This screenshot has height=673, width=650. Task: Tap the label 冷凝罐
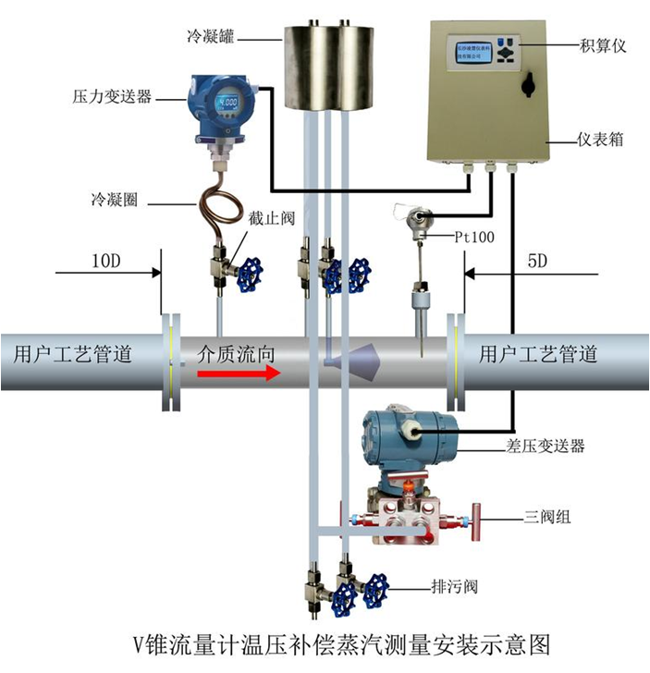coord(211,36)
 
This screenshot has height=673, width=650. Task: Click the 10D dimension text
coord(105,262)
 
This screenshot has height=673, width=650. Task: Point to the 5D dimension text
coord(536,262)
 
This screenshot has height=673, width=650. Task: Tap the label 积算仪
coord(603,44)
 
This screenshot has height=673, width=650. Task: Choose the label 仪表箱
coord(600,141)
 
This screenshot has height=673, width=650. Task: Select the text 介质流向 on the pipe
coord(236,351)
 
